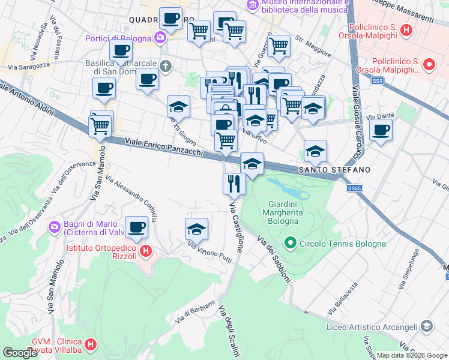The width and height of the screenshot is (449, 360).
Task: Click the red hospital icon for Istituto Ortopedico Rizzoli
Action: (144, 250)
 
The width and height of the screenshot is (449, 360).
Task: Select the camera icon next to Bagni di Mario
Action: (54, 227)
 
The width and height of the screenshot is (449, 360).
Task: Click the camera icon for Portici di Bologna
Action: (160, 38)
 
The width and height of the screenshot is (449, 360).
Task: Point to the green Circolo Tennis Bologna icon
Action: (291, 243)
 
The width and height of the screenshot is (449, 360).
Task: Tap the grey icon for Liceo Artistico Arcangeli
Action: (426, 326)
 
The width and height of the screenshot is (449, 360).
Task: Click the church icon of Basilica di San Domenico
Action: (166, 66)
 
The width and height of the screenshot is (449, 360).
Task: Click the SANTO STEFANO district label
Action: (331, 170)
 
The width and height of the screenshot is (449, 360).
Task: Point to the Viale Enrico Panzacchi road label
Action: (164, 146)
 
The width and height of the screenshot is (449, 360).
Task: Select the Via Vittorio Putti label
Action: (209, 250)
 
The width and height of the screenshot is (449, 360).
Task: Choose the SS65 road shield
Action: (355, 188)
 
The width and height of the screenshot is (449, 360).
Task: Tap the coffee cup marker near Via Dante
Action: (381, 130)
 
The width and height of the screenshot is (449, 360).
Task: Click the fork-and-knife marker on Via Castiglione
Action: (234, 183)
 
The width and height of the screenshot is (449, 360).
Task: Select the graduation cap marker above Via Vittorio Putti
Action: (196, 229)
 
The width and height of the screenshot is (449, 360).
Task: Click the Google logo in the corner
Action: (20, 353)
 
